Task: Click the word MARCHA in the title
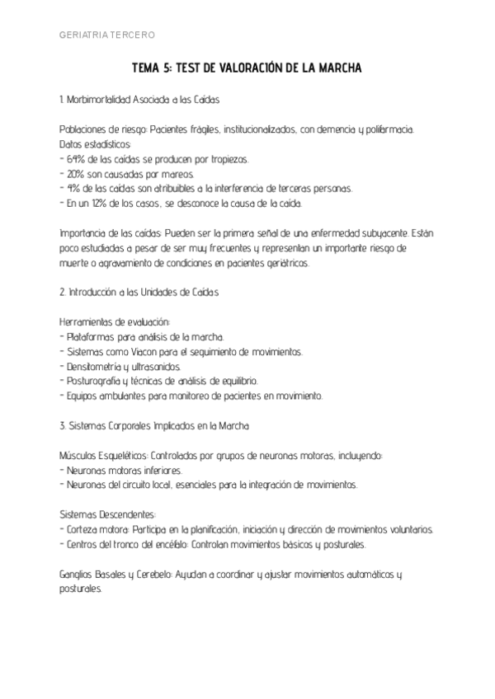(x=338, y=68)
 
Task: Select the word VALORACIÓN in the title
(x=255, y=68)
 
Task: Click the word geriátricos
(x=283, y=262)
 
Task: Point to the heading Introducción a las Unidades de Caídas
(x=140, y=293)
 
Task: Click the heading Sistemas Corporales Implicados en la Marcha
(x=153, y=426)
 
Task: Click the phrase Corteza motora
(x=97, y=529)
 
